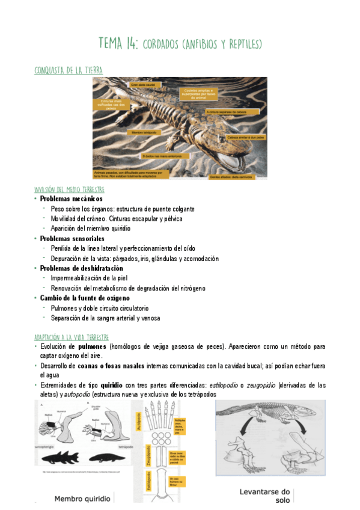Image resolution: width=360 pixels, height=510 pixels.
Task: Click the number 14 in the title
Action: [131, 45]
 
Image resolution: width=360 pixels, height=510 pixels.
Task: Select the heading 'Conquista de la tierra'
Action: [68, 71]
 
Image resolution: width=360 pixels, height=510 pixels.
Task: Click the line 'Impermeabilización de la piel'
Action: [89, 278]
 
